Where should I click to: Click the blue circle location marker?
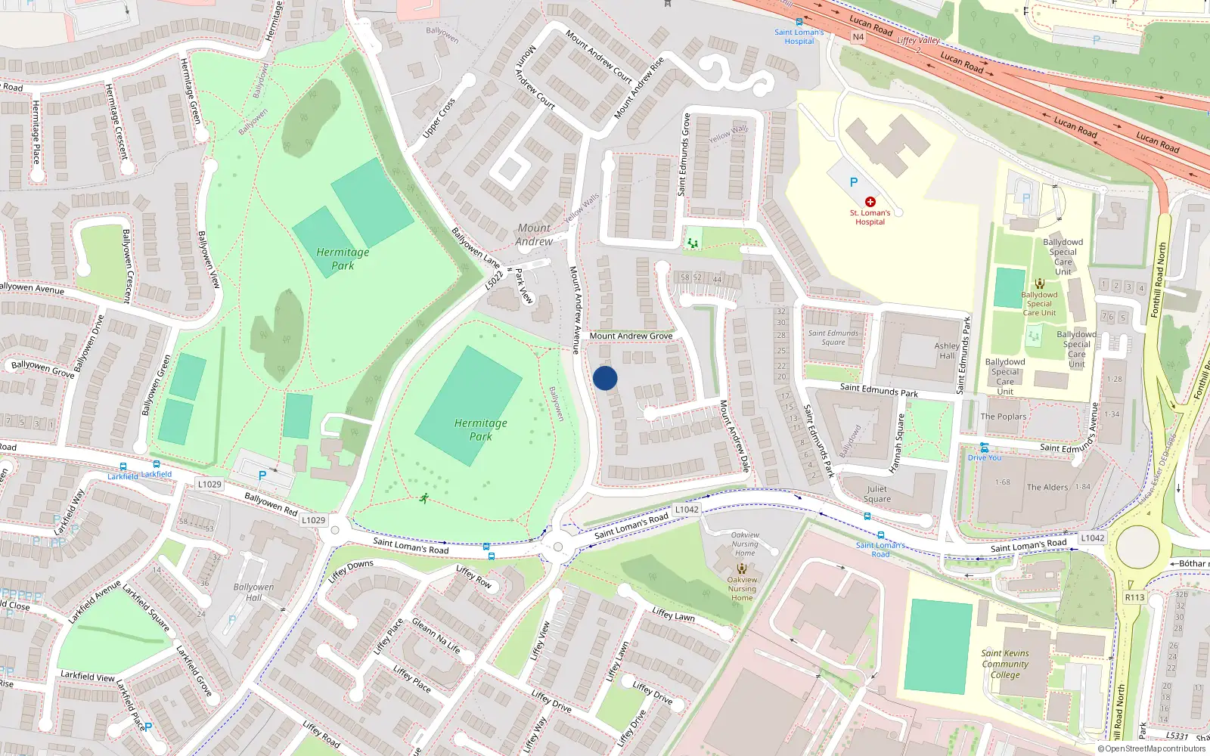[605, 378]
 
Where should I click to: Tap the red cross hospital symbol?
[870, 202]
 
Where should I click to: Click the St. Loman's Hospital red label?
[870, 218]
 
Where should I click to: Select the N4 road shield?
[858, 37]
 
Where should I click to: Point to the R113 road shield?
[1134, 597]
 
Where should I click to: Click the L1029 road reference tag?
[209, 484]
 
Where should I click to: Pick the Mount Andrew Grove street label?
[631, 336]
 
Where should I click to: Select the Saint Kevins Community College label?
[1005, 664]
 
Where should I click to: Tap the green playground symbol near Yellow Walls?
[692, 243]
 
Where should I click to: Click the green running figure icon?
[424, 498]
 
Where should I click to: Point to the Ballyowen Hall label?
[253, 592]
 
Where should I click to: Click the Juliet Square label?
[877, 494]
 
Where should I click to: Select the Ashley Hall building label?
[947, 351]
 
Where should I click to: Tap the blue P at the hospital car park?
[854, 182]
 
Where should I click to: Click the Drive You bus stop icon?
[984, 448]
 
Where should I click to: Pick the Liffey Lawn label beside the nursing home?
[673, 615]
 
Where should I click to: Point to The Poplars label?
[1004, 417]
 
